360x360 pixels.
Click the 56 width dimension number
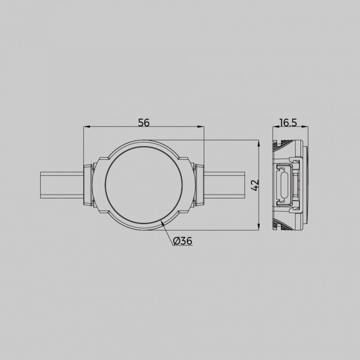tap(143, 122)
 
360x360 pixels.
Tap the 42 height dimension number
tap(255, 185)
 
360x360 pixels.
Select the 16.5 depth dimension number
tap(288, 122)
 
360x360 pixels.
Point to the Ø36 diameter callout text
tap(182, 241)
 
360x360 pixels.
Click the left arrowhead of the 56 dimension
tap(86, 127)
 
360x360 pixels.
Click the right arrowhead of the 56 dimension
tap(202, 127)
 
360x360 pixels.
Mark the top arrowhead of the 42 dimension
tap(260, 142)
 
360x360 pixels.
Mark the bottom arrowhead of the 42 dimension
tap(260, 227)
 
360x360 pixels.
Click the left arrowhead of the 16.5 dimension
tap(275, 127)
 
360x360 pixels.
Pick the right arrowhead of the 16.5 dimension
tap(305, 127)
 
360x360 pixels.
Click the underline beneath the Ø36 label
tap(183, 247)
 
